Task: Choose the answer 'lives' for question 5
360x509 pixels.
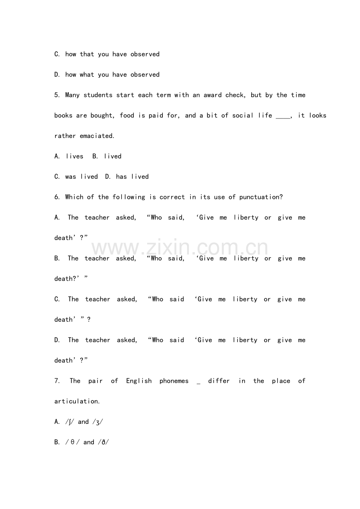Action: pyautogui.click(x=74, y=156)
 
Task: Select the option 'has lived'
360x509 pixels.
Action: pyautogui.click(x=132, y=177)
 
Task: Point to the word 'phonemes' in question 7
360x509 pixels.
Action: pyautogui.click(x=174, y=381)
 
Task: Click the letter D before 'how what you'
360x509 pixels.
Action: pyautogui.click(x=57, y=75)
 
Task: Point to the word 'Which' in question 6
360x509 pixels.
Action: pyautogui.click(x=74, y=197)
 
